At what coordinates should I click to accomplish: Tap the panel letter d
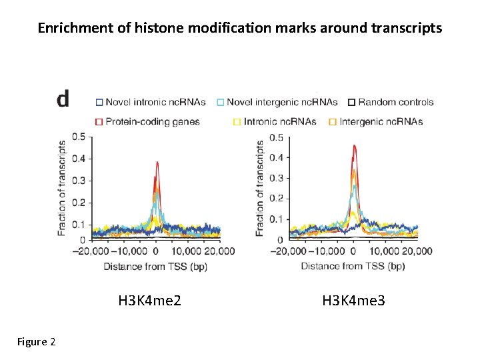click(x=63, y=100)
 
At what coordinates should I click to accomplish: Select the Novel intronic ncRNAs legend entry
click(x=150, y=102)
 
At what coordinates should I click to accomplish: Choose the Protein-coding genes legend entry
click(x=147, y=121)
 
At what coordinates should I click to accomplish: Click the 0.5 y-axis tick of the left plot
click(x=79, y=137)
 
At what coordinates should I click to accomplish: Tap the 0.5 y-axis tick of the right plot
click(x=276, y=138)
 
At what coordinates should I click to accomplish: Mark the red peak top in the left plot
click(x=157, y=162)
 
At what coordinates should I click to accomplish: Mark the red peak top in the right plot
click(x=354, y=145)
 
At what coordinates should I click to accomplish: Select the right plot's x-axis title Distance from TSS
click(x=353, y=267)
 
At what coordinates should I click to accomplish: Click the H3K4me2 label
click(x=150, y=301)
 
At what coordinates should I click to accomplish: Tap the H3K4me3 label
click(x=353, y=301)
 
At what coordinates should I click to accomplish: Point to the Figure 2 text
click(x=36, y=342)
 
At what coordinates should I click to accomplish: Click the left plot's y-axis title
click(x=62, y=187)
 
